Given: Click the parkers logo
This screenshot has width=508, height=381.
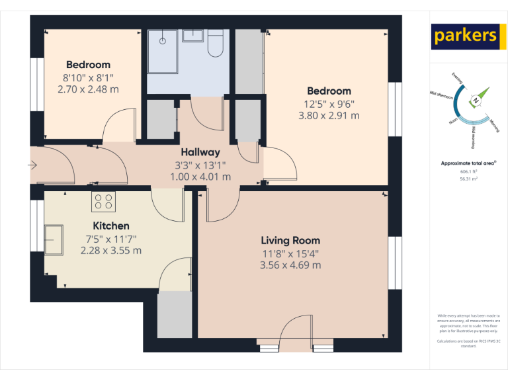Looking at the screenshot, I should pyautogui.click(x=465, y=36).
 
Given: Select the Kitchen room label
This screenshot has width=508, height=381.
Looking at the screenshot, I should pyautogui.click(x=110, y=226).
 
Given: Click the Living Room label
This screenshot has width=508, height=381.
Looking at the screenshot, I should pyautogui.click(x=290, y=241).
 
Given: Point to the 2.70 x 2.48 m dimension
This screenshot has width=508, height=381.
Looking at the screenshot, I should pyautogui.click(x=88, y=89).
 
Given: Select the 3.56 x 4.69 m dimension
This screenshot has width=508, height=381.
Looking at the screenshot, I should pyautogui.click(x=290, y=265).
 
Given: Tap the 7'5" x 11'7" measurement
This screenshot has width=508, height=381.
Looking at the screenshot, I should pyautogui.click(x=110, y=238).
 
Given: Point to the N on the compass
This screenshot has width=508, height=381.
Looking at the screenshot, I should pyautogui.click(x=475, y=101).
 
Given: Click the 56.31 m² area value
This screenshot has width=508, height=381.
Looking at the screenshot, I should pyautogui.click(x=468, y=178).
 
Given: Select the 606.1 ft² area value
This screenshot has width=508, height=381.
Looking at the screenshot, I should pyautogui.click(x=468, y=171).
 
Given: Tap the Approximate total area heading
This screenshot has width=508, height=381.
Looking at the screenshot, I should pyautogui.click(x=468, y=163).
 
